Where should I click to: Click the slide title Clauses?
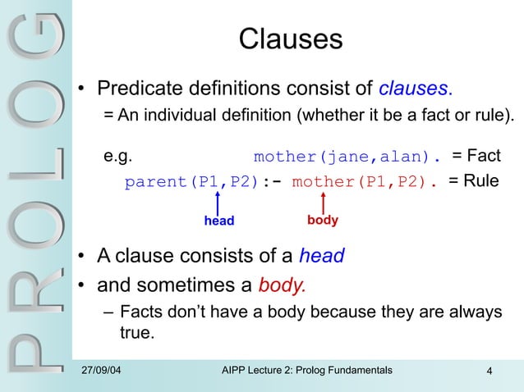(290, 40)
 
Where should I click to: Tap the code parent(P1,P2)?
(191, 182)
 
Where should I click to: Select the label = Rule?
(473, 181)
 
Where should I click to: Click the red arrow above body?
(323, 202)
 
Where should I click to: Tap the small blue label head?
(219, 221)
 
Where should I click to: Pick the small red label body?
(322, 221)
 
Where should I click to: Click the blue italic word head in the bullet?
(321, 257)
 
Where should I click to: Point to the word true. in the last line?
(136, 334)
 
